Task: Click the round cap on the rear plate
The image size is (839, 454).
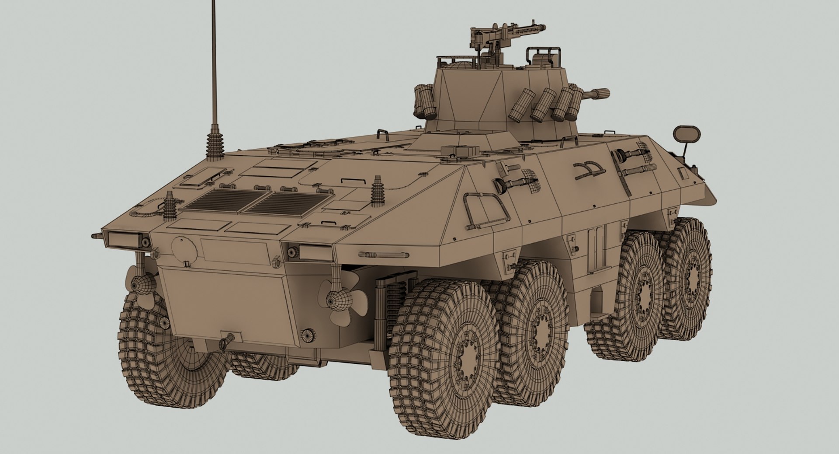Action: (x=183, y=248)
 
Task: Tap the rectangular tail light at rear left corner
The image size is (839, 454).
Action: (x=120, y=238)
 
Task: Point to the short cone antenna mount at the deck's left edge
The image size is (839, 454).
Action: (x=170, y=205)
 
